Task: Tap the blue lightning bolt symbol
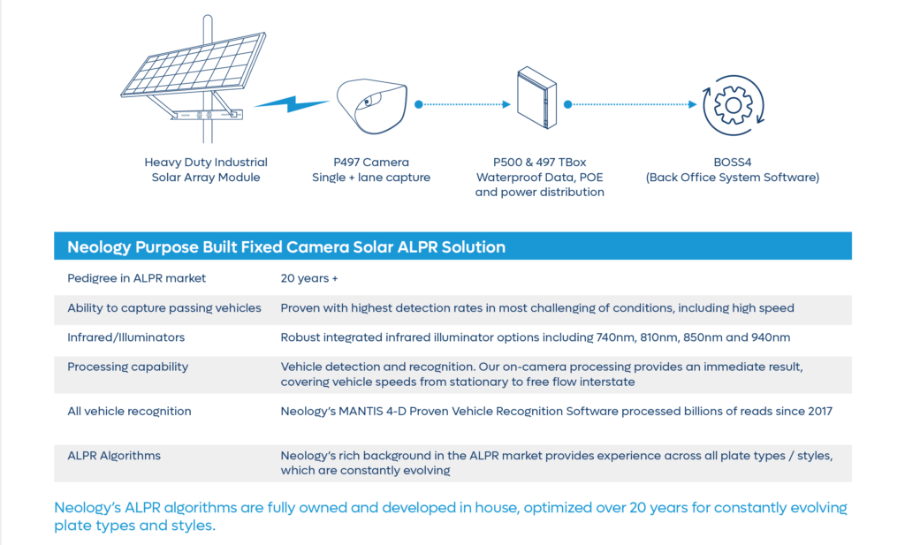(x=292, y=104)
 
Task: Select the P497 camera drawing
(x=372, y=106)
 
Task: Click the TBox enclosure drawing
(x=536, y=97)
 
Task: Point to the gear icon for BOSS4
(x=733, y=105)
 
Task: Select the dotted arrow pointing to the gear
(x=631, y=104)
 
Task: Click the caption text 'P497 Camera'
(x=371, y=162)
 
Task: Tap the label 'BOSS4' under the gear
(x=733, y=162)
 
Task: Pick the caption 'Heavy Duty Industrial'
(x=206, y=162)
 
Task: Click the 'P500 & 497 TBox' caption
(x=540, y=162)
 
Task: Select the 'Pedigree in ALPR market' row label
(x=136, y=278)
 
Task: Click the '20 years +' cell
(x=309, y=278)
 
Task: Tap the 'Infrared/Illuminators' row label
(x=125, y=337)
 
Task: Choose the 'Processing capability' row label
(x=127, y=367)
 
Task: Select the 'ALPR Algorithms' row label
(x=114, y=456)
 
